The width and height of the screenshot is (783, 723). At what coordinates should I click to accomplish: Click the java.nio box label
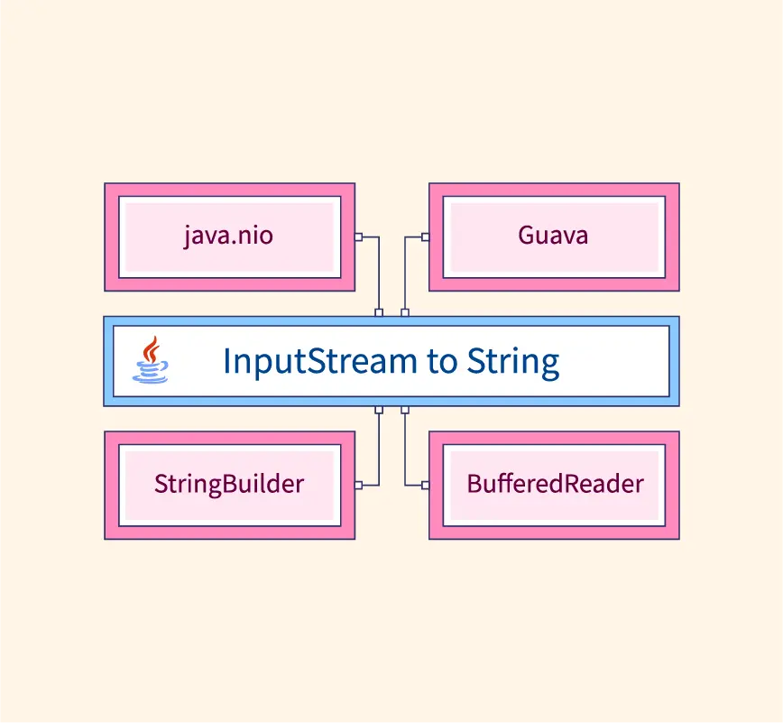[229, 236]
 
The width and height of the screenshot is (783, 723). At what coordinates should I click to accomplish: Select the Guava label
[553, 235]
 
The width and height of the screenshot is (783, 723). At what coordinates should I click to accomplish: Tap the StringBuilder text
[229, 484]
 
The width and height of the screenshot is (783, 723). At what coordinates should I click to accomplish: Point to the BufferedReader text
[556, 483]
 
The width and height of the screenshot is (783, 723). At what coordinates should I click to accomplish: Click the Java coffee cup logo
[151, 360]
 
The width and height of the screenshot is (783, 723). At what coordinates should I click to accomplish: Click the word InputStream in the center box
[319, 361]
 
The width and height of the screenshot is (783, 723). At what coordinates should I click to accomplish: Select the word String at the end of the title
[513, 361]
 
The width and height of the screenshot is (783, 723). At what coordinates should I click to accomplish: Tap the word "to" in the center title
[442, 362]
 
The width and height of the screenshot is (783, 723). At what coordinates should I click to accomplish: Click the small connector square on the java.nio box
[358, 236]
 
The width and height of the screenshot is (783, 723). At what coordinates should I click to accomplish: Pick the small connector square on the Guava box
[426, 236]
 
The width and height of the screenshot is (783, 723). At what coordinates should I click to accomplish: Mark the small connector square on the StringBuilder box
[358, 486]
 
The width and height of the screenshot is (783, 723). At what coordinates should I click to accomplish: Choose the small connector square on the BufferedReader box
[426, 486]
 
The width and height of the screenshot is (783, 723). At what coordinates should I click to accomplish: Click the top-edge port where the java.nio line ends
[379, 313]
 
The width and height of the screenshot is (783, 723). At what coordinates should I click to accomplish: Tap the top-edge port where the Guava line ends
[405, 313]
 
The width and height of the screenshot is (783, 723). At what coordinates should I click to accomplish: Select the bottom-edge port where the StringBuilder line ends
[379, 410]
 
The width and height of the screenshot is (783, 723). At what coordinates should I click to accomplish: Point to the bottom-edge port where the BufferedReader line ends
[405, 410]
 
